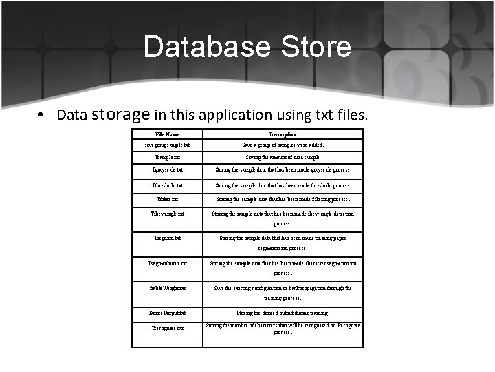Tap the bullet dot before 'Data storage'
[43, 115]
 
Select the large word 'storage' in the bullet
[121, 114]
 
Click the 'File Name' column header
[167, 134]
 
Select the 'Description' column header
[283, 134]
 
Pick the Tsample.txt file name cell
[167, 158]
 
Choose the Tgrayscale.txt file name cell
[167, 169]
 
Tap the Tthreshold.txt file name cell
[167, 185]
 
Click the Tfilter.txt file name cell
[167, 200]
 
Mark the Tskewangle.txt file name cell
[167, 214]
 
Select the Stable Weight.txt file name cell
[167, 288]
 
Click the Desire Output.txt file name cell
[167, 313]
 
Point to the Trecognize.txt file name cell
[167, 329]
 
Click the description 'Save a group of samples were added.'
[283, 145]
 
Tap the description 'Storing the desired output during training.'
[283, 313]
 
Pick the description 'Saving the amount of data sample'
[283, 158]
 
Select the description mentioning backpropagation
[283, 293]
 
